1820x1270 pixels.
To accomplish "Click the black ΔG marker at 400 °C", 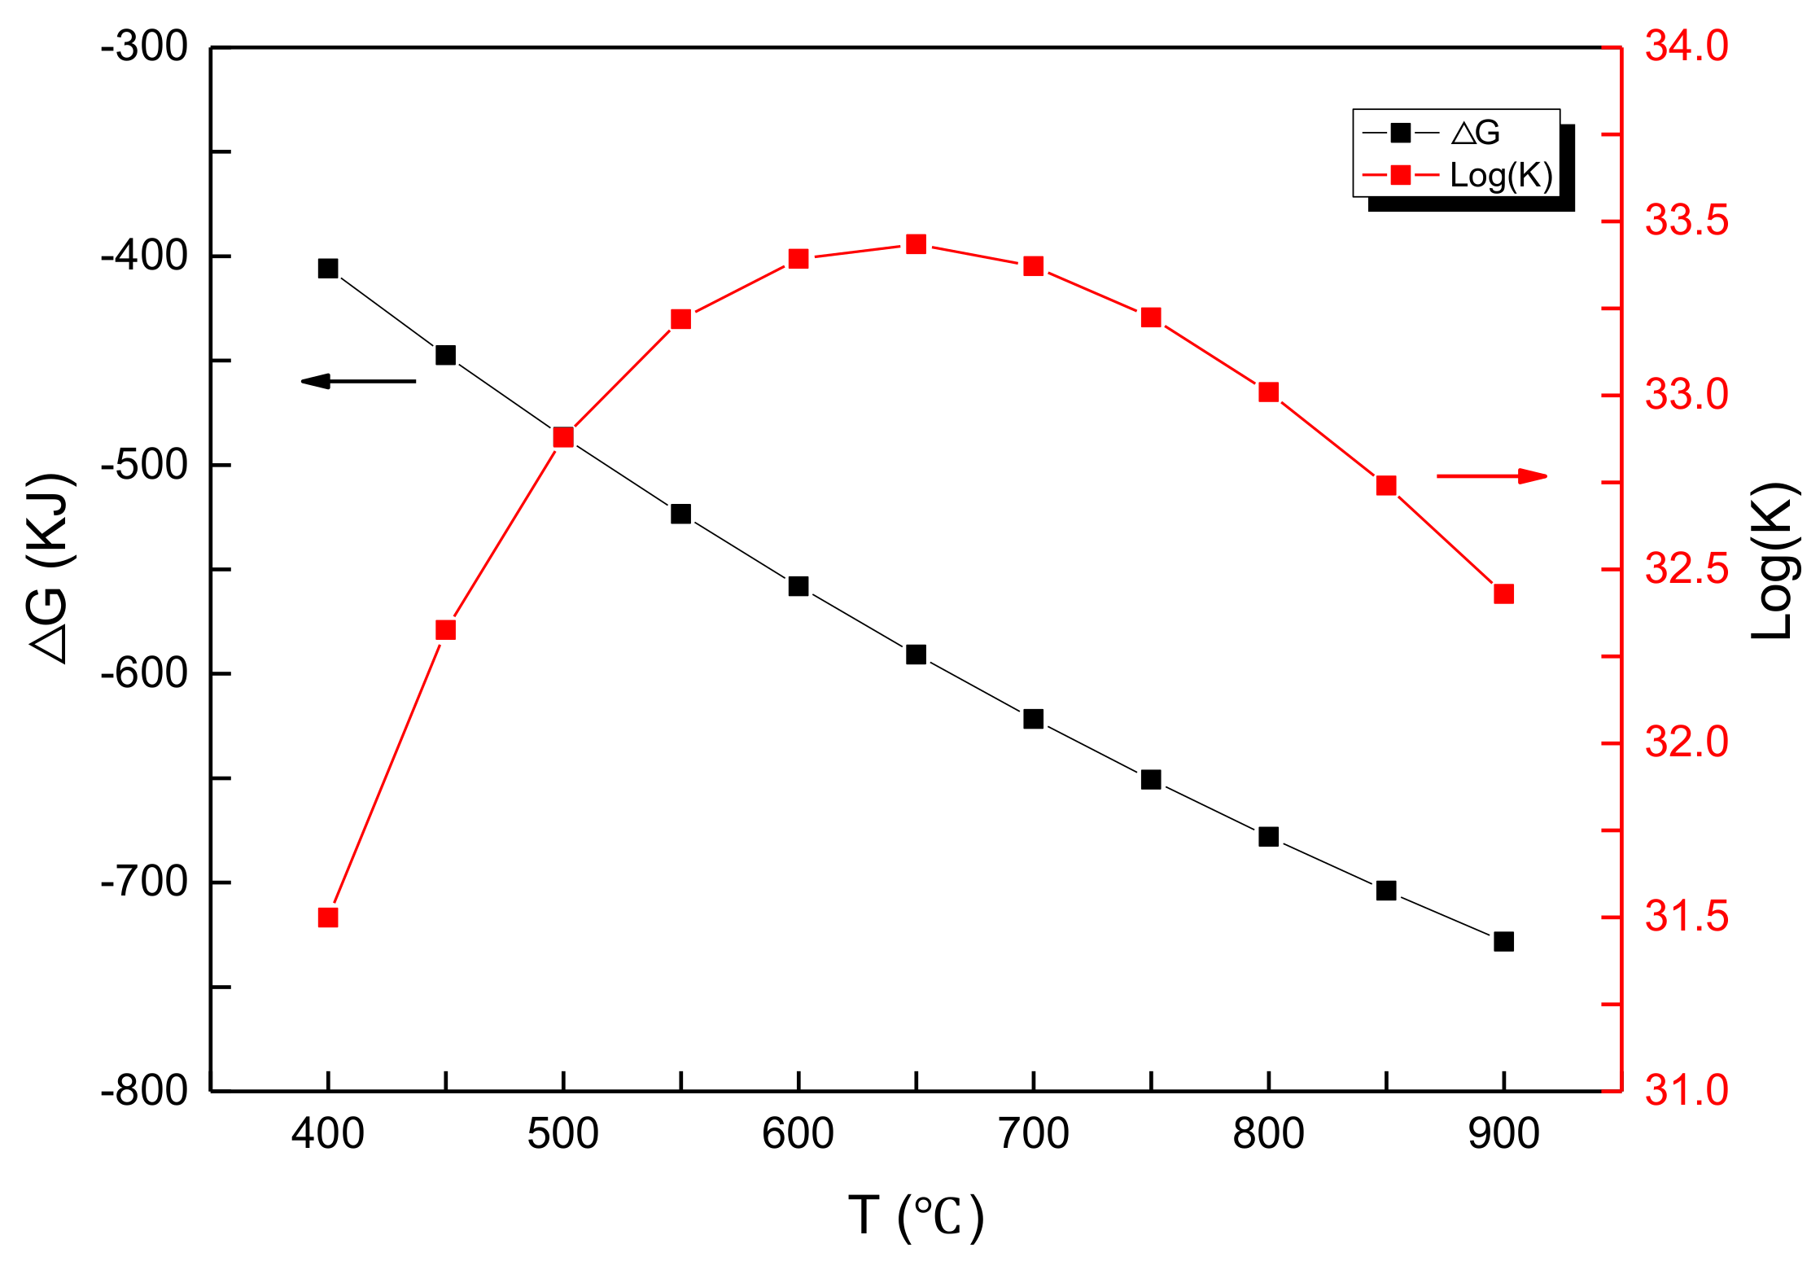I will [x=328, y=269].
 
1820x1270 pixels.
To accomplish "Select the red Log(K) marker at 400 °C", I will [x=328, y=917].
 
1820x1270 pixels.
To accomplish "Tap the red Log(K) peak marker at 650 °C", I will [x=917, y=244].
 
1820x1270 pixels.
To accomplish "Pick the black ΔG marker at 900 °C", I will [x=1504, y=941].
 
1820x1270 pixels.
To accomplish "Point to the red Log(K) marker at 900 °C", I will [x=1504, y=594].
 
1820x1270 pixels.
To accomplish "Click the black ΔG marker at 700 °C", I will [x=1034, y=719].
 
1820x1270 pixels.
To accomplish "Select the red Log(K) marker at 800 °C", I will [x=1269, y=392].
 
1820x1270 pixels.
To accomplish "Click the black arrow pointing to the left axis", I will [x=358, y=381].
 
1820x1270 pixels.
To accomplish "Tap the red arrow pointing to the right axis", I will [x=1491, y=476].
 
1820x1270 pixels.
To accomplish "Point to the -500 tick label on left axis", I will [x=144, y=465].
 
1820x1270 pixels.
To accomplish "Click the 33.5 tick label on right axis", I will [x=1687, y=221].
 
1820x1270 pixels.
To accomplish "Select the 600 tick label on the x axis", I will [x=798, y=1134].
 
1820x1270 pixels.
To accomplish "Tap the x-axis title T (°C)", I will [x=917, y=1218].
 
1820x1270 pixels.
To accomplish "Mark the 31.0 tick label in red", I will [x=1687, y=1090].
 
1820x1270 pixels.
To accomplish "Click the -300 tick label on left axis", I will [x=144, y=47].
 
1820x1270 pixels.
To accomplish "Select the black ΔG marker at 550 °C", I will [x=681, y=514].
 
